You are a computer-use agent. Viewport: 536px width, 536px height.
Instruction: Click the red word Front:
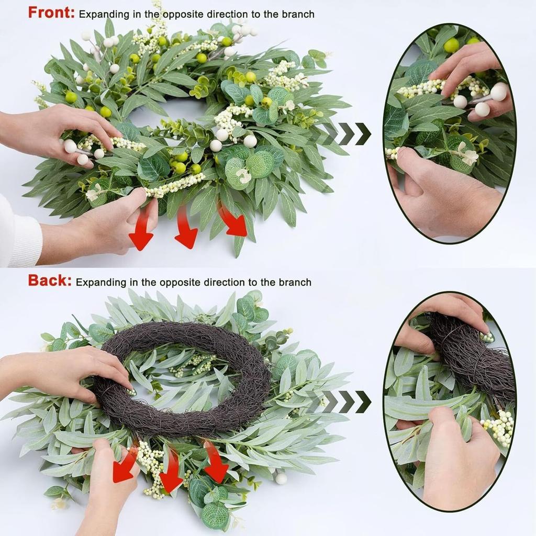(51, 13)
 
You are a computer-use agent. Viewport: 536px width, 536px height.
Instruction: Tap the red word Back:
(49, 281)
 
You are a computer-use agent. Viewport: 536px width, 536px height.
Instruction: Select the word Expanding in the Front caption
(103, 15)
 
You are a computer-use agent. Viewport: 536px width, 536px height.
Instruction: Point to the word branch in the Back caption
(294, 283)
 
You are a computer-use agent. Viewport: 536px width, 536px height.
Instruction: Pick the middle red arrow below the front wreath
(186, 230)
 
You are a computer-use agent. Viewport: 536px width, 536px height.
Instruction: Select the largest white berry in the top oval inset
(498, 92)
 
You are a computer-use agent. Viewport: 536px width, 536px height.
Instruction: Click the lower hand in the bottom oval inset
(455, 461)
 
